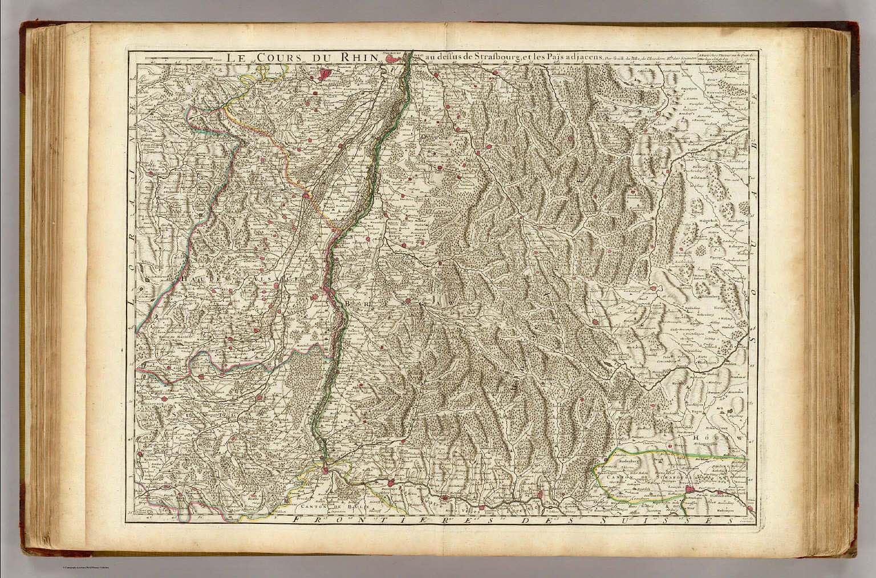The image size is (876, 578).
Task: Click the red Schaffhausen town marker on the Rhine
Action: [x=691, y=490]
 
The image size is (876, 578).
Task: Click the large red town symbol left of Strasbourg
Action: [x=326, y=74]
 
